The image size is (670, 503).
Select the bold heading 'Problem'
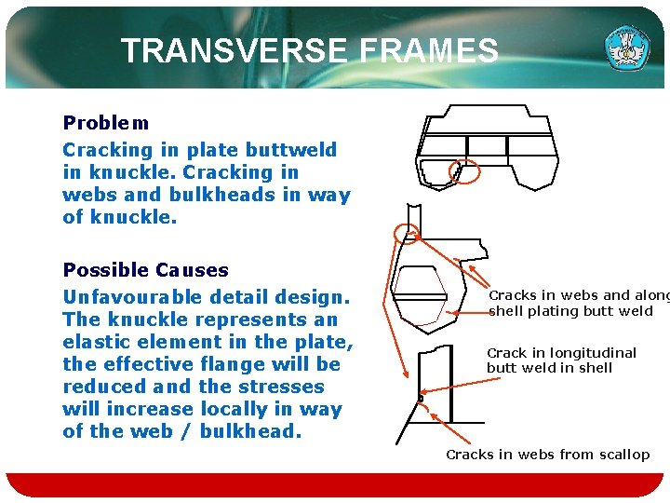pos(105,123)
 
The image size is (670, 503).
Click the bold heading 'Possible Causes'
pos(145,270)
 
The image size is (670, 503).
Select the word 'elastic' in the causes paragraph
pos(98,342)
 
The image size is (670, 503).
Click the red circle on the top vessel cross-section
pos(463,170)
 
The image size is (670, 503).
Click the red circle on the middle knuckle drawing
pos(406,232)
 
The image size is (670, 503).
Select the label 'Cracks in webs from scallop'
pos(547,455)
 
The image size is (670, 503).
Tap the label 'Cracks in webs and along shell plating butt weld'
pos(577,304)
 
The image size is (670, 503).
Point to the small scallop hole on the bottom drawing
pos(421,400)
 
